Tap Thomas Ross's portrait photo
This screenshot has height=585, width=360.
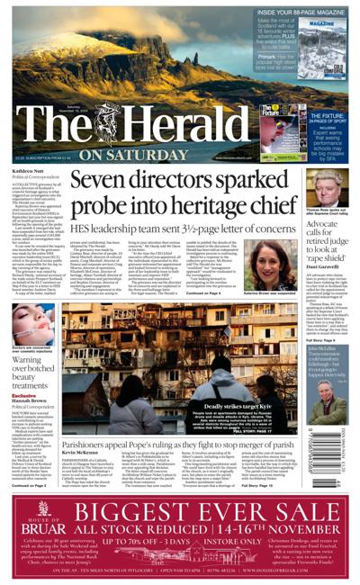(x=325, y=185)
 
